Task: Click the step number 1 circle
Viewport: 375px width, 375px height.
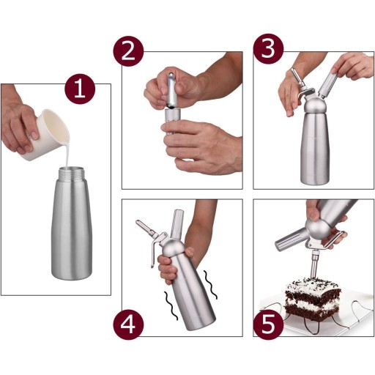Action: [80, 89]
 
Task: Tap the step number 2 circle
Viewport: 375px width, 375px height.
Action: [128, 51]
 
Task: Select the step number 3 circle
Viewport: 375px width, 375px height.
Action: [268, 49]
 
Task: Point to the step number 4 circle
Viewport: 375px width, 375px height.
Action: [128, 324]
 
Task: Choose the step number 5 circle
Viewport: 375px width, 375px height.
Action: [268, 324]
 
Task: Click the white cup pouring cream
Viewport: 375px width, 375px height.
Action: [46, 135]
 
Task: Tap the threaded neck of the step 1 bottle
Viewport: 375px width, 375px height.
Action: [72, 173]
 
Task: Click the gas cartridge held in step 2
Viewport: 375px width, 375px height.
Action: [171, 90]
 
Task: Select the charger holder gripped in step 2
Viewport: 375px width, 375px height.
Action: [173, 122]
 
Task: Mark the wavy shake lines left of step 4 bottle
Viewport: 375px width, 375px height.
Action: [171, 305]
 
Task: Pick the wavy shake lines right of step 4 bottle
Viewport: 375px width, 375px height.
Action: [210, 285]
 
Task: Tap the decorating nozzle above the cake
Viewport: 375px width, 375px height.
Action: [314, 265]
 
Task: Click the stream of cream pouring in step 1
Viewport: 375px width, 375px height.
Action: [67, 154]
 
